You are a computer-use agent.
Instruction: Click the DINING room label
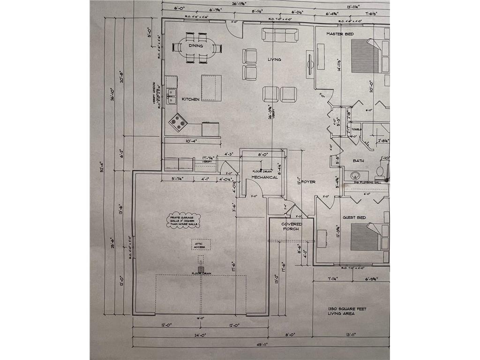coord(196,46)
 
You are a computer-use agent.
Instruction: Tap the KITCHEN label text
coord(191,99)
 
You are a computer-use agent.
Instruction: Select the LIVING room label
coord(274,60)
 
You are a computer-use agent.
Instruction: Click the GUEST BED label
coord(354,217)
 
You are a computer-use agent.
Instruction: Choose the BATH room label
coord(359,161)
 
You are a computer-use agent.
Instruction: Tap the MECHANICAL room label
coord(265,177)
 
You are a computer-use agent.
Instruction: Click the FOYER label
coord(308,182)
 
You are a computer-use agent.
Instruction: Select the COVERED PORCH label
coord(292,226)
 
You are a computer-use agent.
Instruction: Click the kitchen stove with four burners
coord(178,122)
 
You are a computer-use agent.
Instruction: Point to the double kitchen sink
coord(172,96)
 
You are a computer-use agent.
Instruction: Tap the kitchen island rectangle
coord(211,88)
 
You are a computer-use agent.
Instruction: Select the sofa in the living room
coord(279,35)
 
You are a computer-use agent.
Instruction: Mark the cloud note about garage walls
coord(183,221)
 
